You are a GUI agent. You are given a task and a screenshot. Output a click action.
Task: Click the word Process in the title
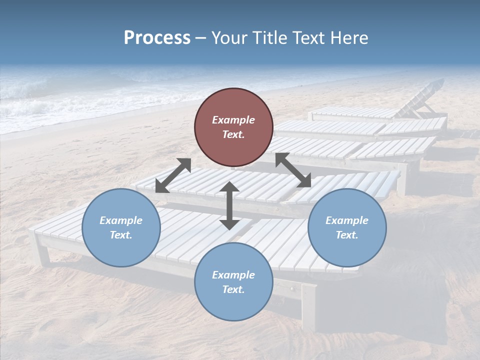coord(157,38)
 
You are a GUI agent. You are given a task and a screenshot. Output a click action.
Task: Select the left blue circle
coord(121,227)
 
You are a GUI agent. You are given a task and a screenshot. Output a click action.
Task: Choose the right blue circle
coord(347,227)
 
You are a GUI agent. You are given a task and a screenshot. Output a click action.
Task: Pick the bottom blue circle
coord(233,282)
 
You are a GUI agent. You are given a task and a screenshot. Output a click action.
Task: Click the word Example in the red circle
coord(233,120)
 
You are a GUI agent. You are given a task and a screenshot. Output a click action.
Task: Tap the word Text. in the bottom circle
coord(233,289)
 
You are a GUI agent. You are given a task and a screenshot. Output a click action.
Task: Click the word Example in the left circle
coord(121,220)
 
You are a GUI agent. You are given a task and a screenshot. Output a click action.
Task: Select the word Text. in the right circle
coord(347,235)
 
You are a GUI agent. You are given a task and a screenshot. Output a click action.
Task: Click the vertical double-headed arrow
coord(229,205)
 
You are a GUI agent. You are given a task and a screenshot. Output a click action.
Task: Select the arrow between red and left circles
coord(173,175)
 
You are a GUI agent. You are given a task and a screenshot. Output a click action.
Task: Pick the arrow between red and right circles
coord(293,170)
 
